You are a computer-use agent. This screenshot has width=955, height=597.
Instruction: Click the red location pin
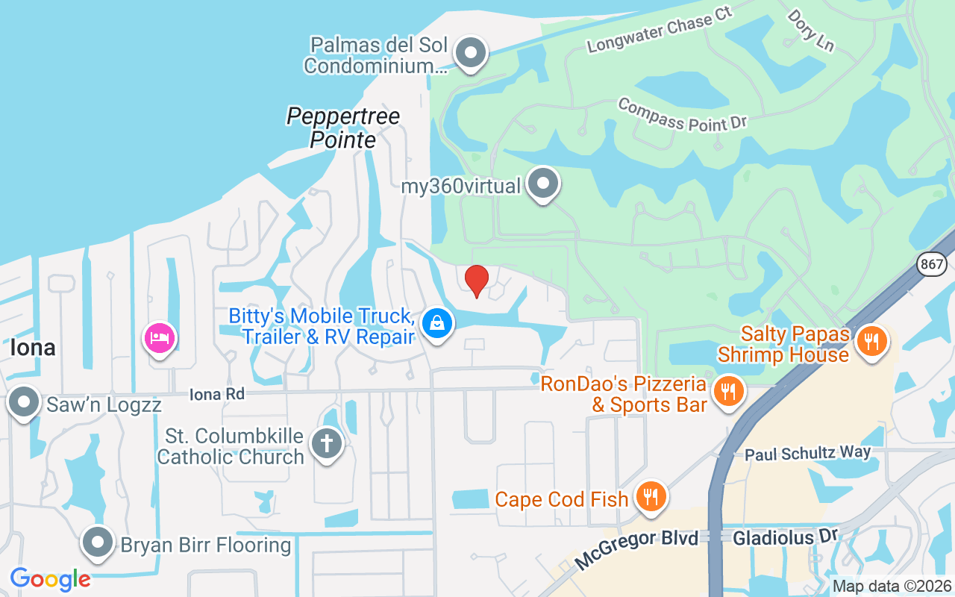pos(476,281)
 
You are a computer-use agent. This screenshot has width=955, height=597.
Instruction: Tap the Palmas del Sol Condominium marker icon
pos(471,53)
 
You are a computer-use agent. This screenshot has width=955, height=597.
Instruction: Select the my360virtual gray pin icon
pos(543,183)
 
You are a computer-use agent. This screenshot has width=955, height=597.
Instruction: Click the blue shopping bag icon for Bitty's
pos(437,323)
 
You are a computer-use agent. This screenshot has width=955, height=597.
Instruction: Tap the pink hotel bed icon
pos(160,338)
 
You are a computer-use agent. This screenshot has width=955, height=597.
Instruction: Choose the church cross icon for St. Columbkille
pos(326,443)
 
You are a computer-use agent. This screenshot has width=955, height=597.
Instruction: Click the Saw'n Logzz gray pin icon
pos(24,402)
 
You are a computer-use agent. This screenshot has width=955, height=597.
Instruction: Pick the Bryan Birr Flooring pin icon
pos(97,543)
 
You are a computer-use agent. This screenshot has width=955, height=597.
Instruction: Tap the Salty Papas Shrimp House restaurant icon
pos(870,341)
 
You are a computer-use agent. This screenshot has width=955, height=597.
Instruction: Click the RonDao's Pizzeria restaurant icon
pos(728,390)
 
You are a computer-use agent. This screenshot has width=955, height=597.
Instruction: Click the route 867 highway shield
pos(933,263)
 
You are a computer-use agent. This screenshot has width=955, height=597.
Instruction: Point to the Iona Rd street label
pos(217,393)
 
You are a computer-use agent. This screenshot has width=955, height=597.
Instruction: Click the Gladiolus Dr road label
pos(786,537)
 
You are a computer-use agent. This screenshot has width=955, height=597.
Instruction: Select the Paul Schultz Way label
pos(808,453)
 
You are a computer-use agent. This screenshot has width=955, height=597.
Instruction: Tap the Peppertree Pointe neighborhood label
pos(343,128)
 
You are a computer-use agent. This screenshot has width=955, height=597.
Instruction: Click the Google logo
pos(50,578)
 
